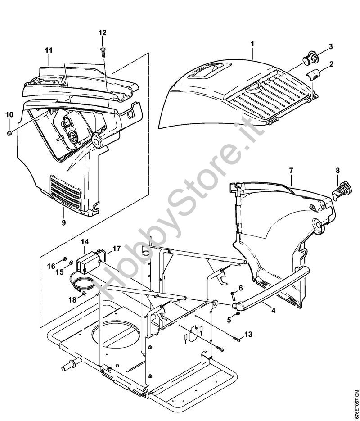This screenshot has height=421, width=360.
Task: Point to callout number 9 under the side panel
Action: [x=63, y=222]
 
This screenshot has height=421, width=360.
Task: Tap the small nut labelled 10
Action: [x=10, y=132]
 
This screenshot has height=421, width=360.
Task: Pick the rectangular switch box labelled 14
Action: [x=87, y=262]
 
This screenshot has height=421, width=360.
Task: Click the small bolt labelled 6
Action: [x=233, y=296]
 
